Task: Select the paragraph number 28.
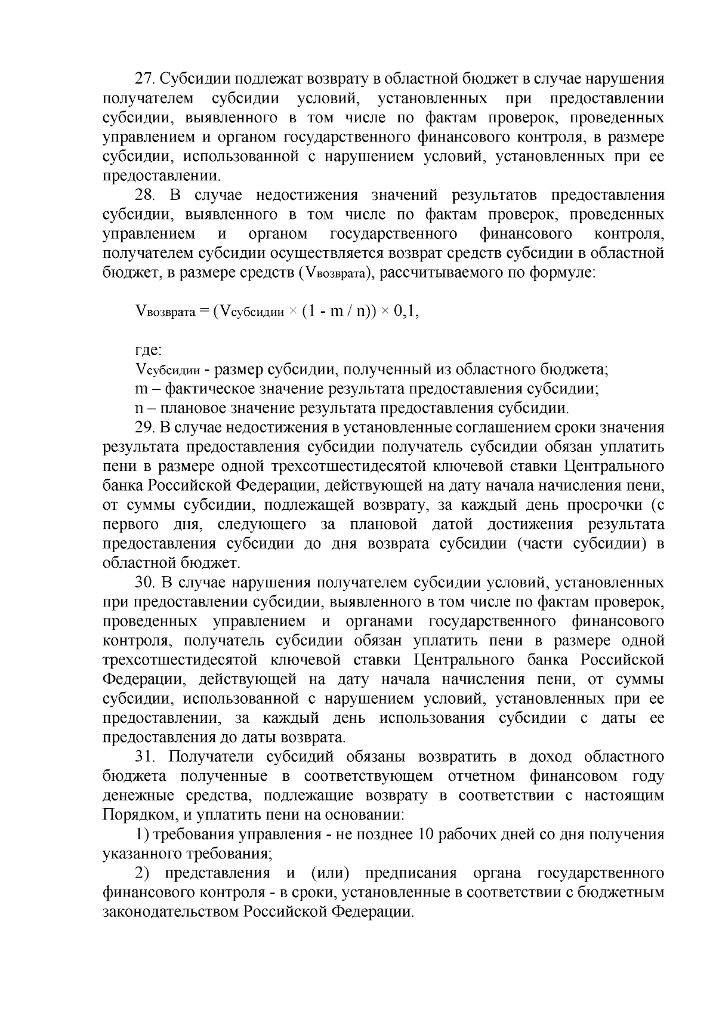click(x=145, y=195)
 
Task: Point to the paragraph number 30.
click(x=145, y=583)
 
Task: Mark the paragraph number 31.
click(x=145, y=757)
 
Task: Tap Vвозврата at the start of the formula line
click(x=165, y=312)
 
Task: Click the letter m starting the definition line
click(x=141, y=389)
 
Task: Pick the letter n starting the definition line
click(x=139, y=408)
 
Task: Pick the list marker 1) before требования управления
click(x=141, y=835)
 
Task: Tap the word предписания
click(x=411, y=873)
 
